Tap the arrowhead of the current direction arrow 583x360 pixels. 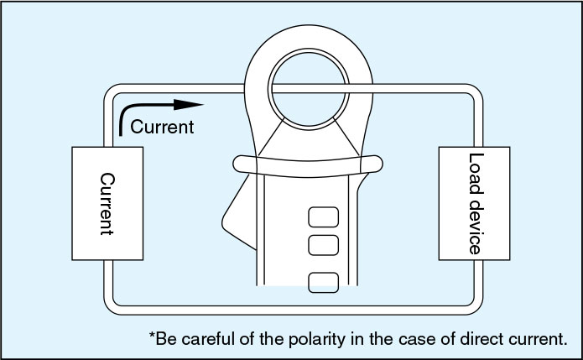[x=194, y=105]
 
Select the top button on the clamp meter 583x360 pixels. [x=322, y=218]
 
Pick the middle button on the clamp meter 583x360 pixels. [x=322, y=246]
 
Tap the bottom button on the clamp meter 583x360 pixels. [x=322, y=282]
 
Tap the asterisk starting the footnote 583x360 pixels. [x=153, y=337]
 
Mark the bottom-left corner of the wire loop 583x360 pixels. [x=110, y=305]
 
